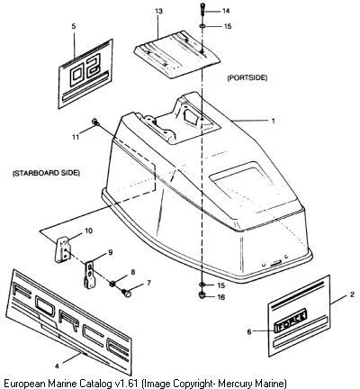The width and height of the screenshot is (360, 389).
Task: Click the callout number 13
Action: point(159,12)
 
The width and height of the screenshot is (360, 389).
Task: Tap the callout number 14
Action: point(226,12)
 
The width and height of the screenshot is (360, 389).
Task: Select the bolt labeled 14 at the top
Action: point(202,11)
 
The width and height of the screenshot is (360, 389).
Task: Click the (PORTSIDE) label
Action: point(247,77)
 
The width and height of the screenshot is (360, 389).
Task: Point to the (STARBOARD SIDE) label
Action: point(46,173)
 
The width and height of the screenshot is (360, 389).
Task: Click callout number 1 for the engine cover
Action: point(273,121)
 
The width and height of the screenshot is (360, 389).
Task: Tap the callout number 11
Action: point(76,137)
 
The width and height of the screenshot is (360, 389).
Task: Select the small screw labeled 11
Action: point(94,122)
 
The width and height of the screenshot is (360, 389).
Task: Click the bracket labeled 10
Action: point(62,250)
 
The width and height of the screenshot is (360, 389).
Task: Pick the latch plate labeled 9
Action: point(90,275)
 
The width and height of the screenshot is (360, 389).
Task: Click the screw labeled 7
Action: point(126,293)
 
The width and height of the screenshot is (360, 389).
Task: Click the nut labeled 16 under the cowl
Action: point(202,295)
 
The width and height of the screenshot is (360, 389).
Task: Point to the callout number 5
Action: point(74,26)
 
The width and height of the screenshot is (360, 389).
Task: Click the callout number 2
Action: point(352,294)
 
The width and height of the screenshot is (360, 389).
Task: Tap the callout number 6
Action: point(249,331)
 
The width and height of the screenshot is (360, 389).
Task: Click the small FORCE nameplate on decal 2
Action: point(291,321)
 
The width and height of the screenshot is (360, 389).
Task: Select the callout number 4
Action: point(57,366)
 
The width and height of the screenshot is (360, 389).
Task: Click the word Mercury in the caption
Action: point(236,383)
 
